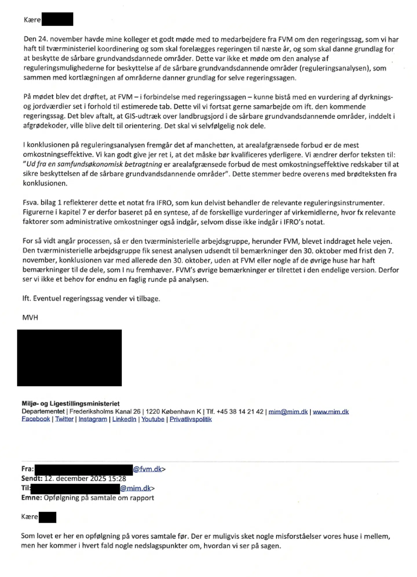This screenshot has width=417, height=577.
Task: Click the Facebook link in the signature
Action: point(36,419)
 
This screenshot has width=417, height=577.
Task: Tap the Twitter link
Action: point(64,419)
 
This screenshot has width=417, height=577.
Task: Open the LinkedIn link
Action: point(124,419)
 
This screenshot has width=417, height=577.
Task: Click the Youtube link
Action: point(153,419)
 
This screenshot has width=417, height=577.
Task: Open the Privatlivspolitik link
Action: point(191,419)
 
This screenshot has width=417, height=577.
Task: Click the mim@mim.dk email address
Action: point(288,412)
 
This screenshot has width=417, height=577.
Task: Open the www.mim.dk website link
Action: point(331,412)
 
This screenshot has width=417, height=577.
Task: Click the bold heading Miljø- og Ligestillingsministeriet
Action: point(70,403)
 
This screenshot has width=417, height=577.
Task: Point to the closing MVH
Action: point(30,318)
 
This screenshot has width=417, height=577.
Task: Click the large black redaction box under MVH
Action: point(69,357)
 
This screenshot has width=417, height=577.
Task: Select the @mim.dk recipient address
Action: point(135,488)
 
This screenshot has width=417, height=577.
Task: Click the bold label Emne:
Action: point(32,498)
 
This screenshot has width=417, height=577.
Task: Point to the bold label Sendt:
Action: point(32,478)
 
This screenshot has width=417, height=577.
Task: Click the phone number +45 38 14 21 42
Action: point(240,412)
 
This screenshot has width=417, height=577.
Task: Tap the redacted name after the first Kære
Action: point(57,19)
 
